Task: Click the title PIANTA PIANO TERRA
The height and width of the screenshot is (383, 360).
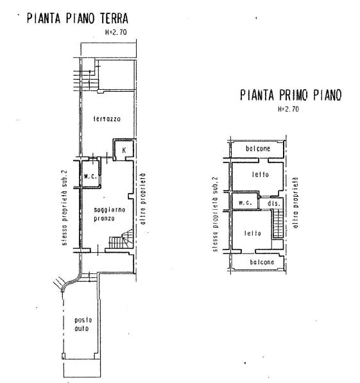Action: (x=78, y=19)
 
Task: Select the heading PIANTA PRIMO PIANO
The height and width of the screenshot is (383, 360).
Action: (x=291, y=95)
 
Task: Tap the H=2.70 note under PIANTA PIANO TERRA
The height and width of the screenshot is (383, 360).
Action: (x=116, y=32)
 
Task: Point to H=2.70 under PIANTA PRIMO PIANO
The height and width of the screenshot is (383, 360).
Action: (x=288, y=108)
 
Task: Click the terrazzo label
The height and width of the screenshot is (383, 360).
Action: (x=107, y=119)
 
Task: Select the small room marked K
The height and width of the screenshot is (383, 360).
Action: (x=124, y=149)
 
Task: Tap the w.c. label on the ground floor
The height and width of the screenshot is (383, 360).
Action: (x=90, y=176)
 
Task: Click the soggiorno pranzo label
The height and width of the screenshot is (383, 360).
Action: (x=110, y=214)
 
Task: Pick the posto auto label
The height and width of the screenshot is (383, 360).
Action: (x=83, y=324)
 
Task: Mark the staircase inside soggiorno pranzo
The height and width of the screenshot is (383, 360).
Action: (x=121, y=239)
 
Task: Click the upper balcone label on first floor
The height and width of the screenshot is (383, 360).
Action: (x=258, y=148)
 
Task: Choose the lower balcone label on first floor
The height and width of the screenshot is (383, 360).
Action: (x=262, y=262)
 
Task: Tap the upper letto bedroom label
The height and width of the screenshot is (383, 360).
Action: (x=261, y=174)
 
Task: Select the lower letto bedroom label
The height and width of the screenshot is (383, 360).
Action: (x=252, y=234)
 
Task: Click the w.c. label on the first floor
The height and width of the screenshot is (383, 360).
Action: (x=245, y=203)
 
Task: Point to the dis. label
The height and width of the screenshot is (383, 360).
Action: (x=273, y=203)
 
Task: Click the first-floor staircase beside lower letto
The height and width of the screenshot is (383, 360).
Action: (x=278, y=225)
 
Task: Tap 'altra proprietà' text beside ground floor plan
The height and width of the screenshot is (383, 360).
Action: (x=143, y=199)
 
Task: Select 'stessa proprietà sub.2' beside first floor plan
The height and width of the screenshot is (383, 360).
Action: (x=215, y=214)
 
